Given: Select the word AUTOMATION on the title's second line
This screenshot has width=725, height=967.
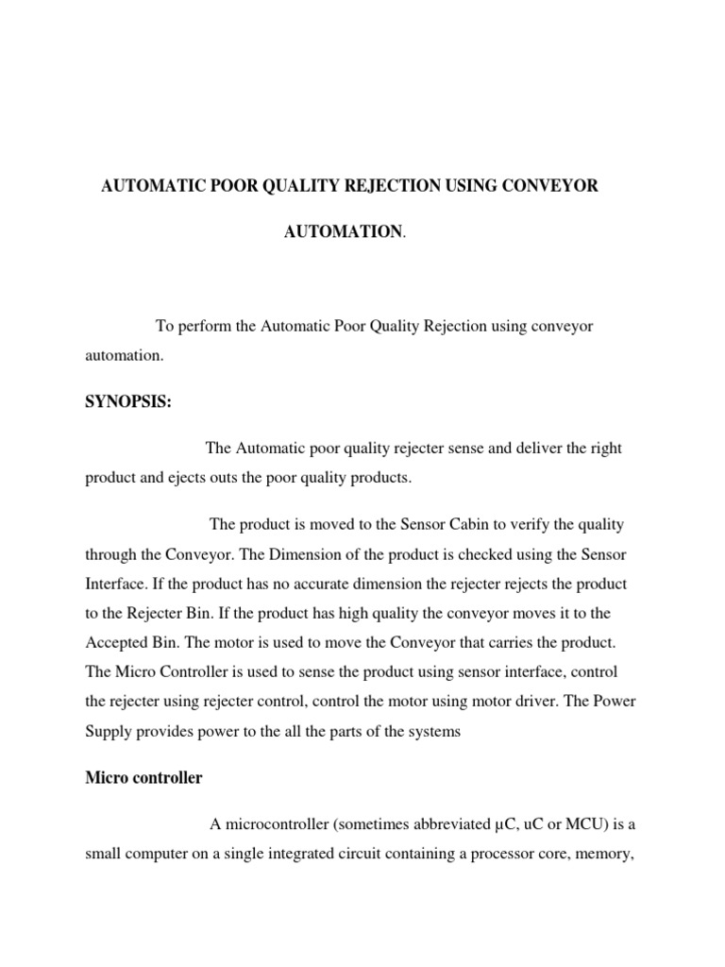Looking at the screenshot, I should click(343, 231).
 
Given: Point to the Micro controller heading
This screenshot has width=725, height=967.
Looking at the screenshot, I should click(143, 778).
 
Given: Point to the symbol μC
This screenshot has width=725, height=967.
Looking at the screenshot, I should click(505, 824).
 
